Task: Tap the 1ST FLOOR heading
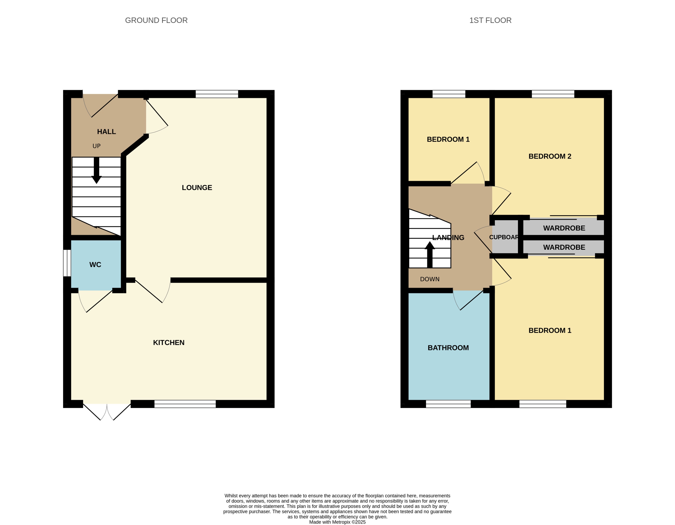coord(490,20)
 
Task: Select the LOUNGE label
coord(197,188)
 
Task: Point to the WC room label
coord(95,265)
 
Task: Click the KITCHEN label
coord(169,342)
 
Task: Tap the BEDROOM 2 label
coord(550,156)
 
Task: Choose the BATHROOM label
coord(448,348)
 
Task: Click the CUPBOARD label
coord(504,237)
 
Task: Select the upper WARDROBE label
coord(564,228)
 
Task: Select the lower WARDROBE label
coord(564,247)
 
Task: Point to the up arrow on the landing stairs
coord(430,254)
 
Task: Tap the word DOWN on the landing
coord(430,279)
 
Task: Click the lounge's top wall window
coord(217,94)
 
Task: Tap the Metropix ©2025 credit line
coord(337,522)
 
